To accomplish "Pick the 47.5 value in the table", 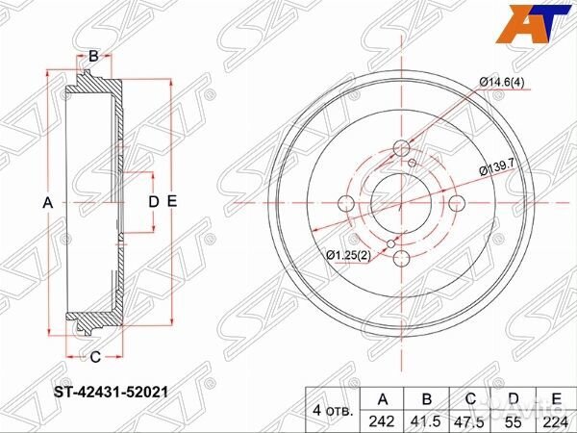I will point(471,419).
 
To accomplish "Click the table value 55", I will point(514,419).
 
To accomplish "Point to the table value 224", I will point(555,419).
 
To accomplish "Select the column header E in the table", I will point(555,397).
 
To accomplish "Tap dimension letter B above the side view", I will point(92,57).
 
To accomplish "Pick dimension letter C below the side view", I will point(94,356).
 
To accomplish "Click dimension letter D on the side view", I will point(152,202).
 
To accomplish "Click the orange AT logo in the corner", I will point(538,23).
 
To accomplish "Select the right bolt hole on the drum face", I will point(458,202).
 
